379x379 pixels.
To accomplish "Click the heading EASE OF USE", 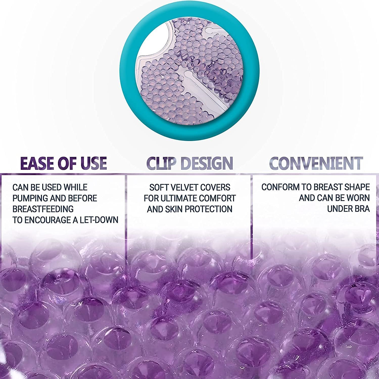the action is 63,163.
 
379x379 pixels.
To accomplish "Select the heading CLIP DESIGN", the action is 189,163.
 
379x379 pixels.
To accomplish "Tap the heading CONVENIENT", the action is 316,163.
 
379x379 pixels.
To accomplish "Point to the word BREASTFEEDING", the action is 43,209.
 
